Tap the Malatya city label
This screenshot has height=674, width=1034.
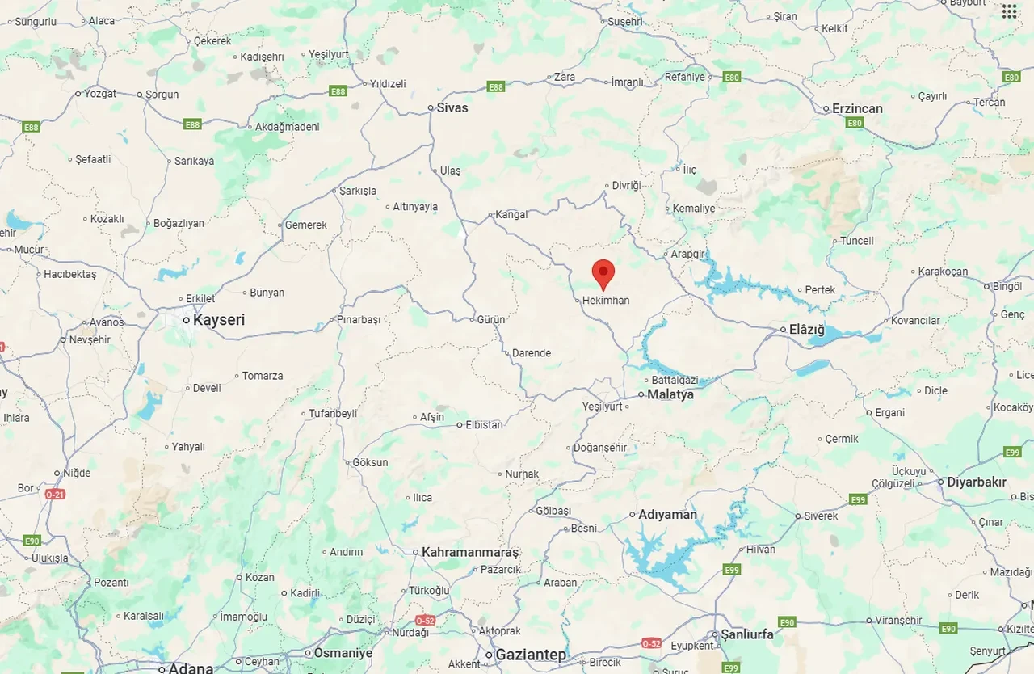click(x=670, y=394)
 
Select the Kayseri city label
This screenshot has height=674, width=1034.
click(x=218, y=320)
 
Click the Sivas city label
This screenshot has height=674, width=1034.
click(x=452, y=107)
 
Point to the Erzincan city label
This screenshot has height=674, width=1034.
click(x=857, y=108)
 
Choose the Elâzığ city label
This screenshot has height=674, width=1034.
click(x=807, y=329)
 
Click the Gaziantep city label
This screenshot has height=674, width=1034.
click(x=531, y=655)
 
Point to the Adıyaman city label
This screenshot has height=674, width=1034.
click(x=667, y=515)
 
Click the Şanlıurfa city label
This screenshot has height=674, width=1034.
click(x=746, y=634)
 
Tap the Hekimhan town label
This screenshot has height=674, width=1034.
click(x=606, y=301)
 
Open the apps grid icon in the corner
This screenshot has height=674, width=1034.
click(x=1010, y=11)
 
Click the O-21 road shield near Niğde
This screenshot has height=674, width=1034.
click(x=54, y=494)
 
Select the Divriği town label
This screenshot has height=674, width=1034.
click(x=626, y=186)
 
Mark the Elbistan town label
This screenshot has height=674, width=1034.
click(x=484, y=425)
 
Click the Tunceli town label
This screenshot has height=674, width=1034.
click(x=857, y=241)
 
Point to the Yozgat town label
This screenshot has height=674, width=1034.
click(x=100, y=94)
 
